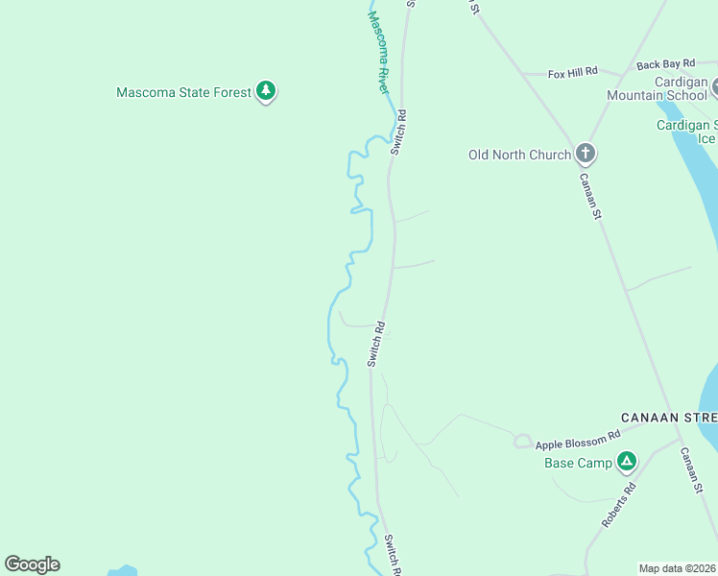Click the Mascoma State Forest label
(x=183, y=93)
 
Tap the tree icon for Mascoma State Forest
(x=266, y=92)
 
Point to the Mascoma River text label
(x=380, y=53)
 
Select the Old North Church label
(x=519, y=155)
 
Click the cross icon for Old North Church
(x=585, y=154)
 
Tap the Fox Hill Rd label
(x=572, y=72)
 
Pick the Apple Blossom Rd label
(x=578, y=443)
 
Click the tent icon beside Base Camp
(x=626, y=462)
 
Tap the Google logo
(x=32, y=564)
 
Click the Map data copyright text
(x=678, y=568)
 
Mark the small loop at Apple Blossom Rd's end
(x=522, y=442)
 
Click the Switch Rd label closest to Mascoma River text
(x=397, y=132)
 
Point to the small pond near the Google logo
(x=122, y=570)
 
